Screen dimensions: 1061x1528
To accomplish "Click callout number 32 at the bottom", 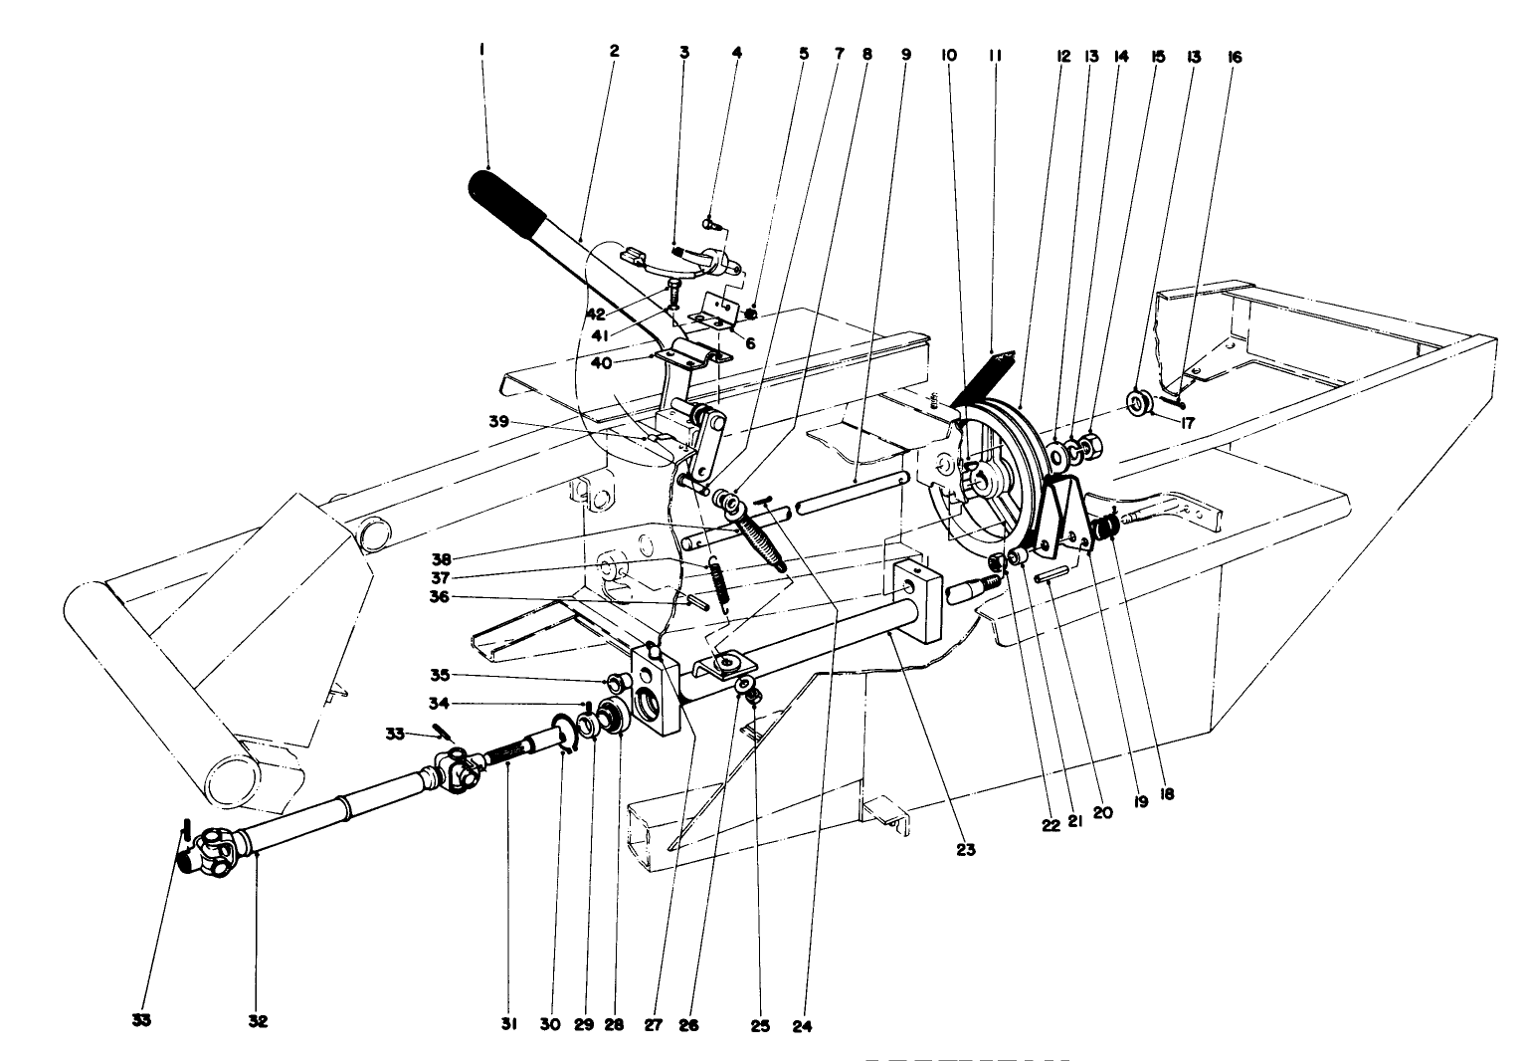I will (x=259, y=1022).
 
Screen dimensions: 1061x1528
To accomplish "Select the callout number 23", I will (x=966, y=850).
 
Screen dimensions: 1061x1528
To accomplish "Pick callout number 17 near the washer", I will (x=1186, y=422).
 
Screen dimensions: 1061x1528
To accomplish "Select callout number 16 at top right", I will (x=1235, y=58).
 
